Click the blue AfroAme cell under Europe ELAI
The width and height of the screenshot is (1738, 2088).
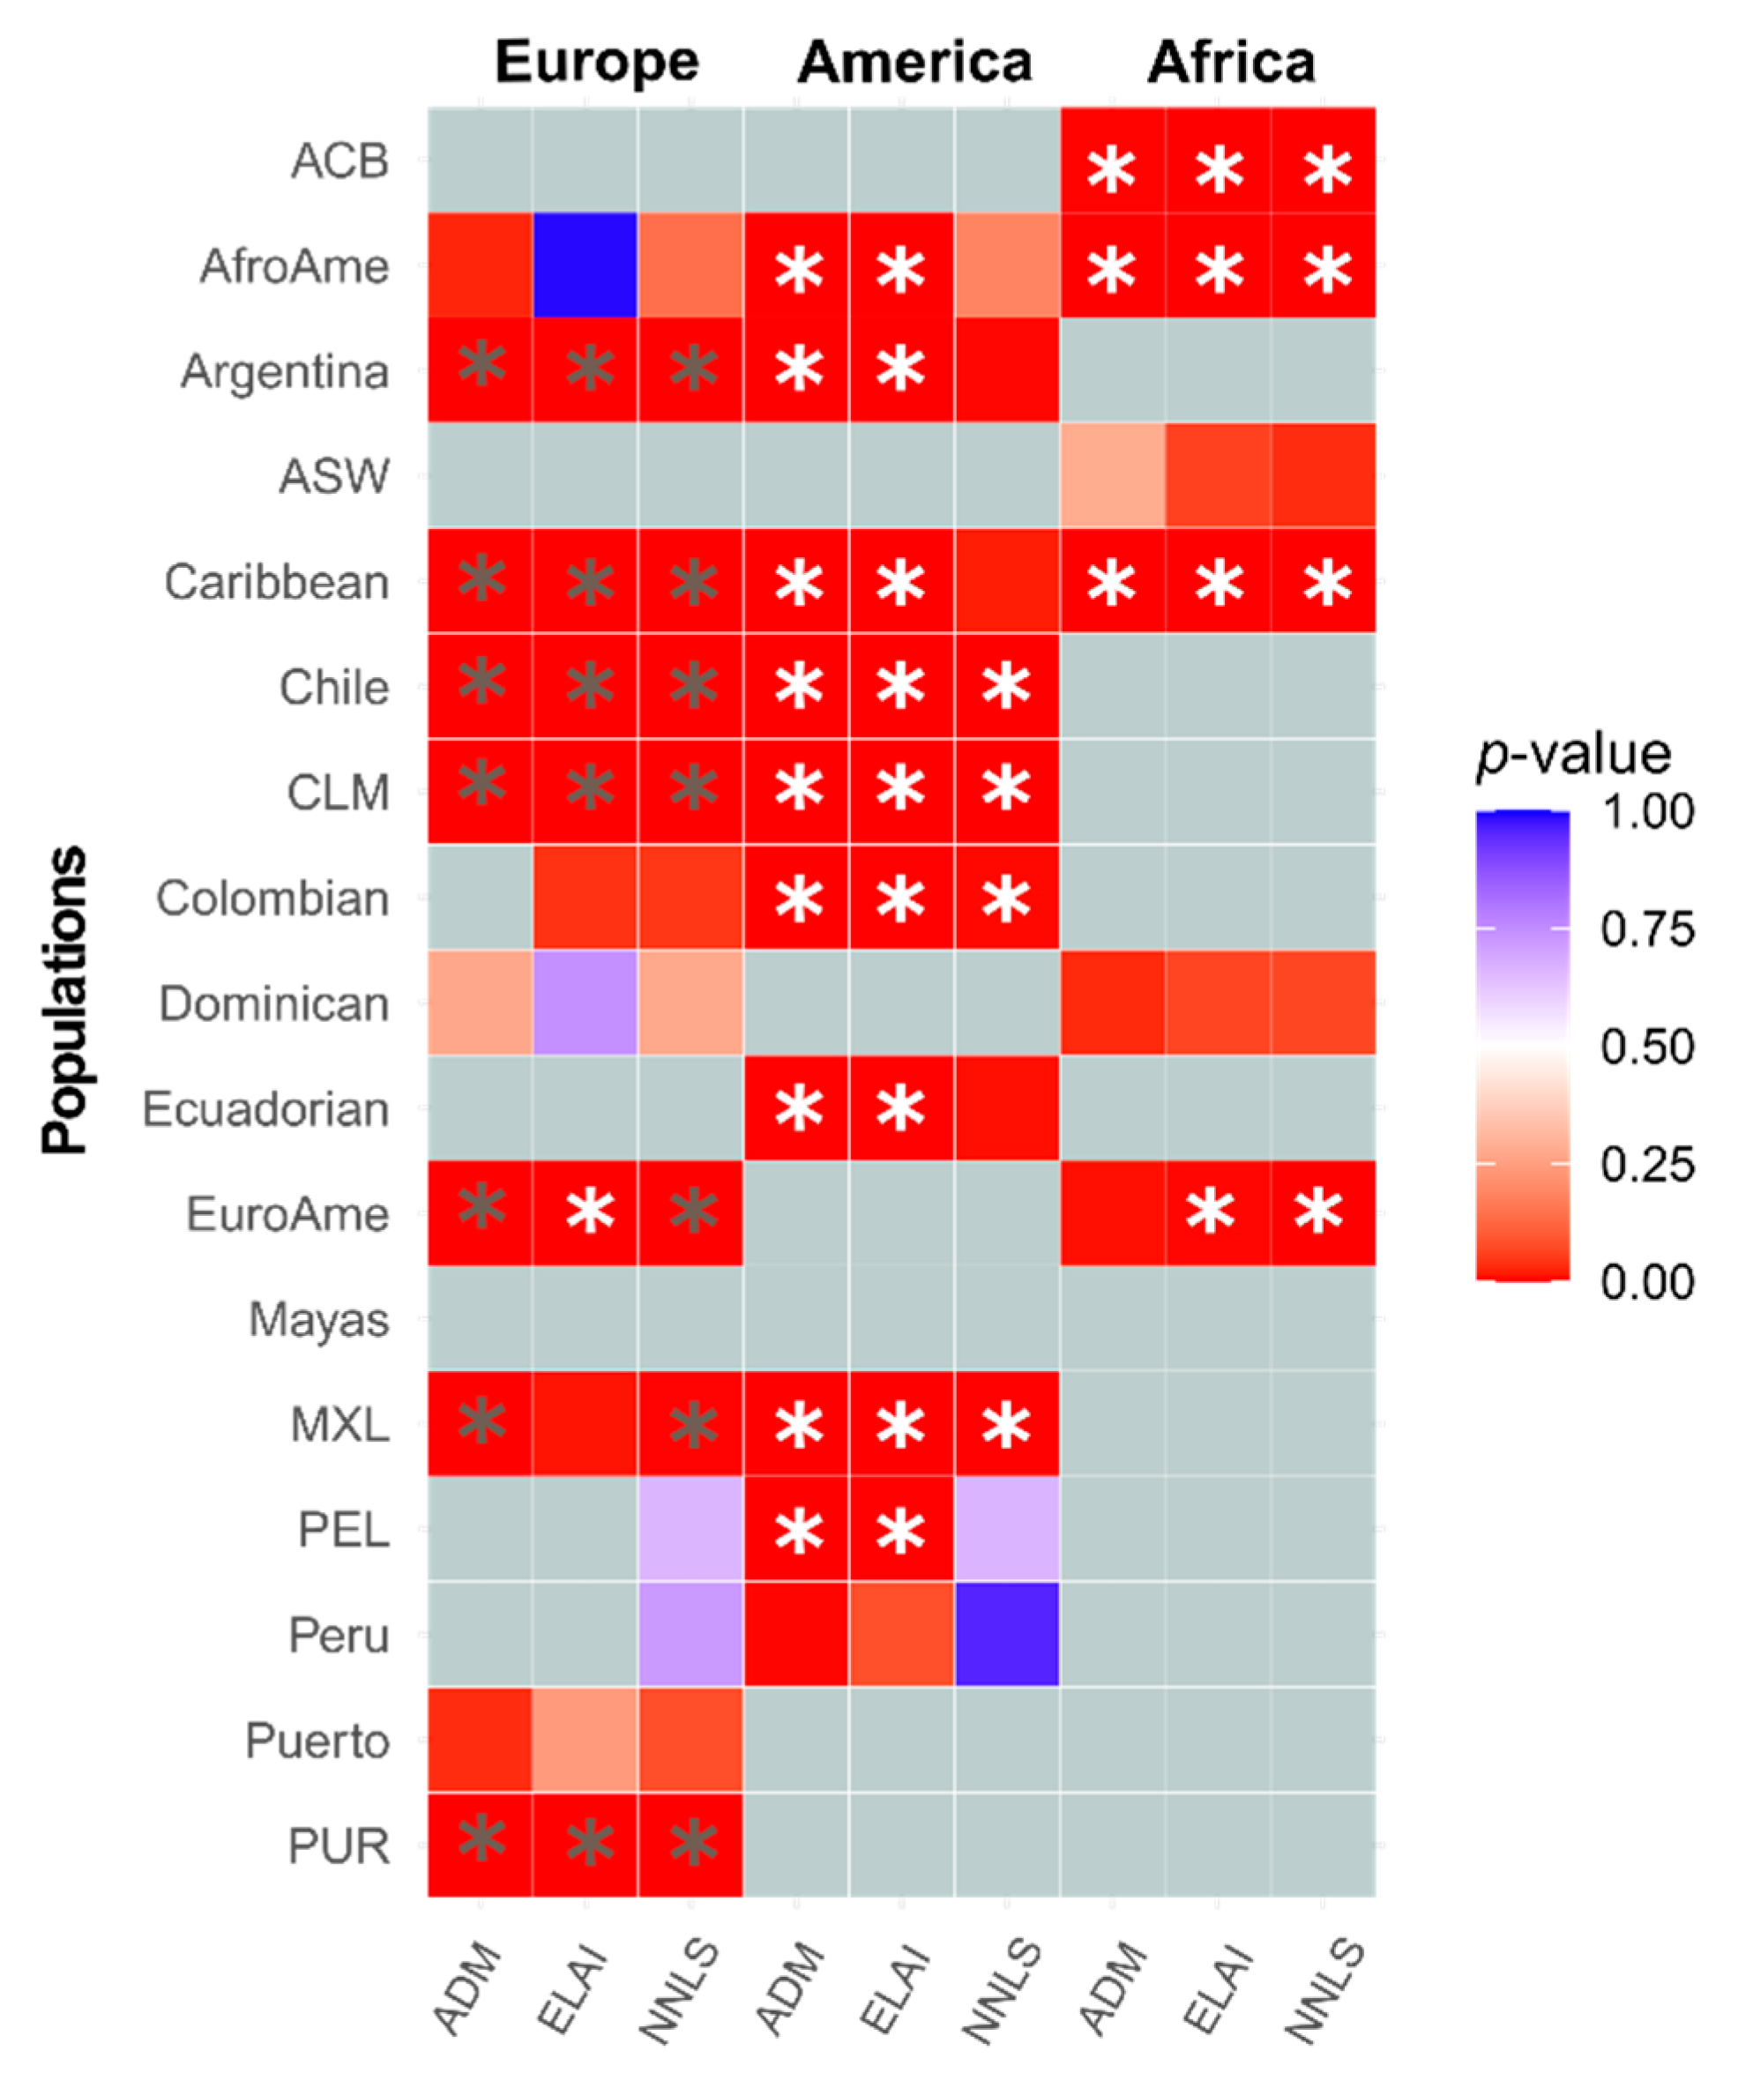585,265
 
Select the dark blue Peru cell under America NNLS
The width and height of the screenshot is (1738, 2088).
1006,1634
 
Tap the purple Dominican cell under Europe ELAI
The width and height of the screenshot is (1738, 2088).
585,1003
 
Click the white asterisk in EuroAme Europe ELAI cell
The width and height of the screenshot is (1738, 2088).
590,1212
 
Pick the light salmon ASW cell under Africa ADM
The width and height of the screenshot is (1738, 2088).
1112,475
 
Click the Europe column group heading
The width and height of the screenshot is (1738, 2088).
597,62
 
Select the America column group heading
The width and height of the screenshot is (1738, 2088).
914,62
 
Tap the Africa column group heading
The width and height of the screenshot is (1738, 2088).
1231,62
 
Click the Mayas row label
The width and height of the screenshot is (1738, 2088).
318,1320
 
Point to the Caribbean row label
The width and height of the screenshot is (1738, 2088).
276,582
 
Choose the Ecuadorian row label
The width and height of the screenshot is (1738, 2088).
265,1108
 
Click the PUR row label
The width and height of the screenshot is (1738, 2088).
338,1846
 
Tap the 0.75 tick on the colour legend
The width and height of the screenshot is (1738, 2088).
1646,929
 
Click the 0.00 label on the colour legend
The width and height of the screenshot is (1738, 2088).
1646,1282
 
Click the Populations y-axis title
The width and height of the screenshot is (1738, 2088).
65,999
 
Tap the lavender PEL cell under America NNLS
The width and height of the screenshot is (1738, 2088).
1006,1528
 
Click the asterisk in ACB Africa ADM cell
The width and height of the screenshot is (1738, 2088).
1111,169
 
